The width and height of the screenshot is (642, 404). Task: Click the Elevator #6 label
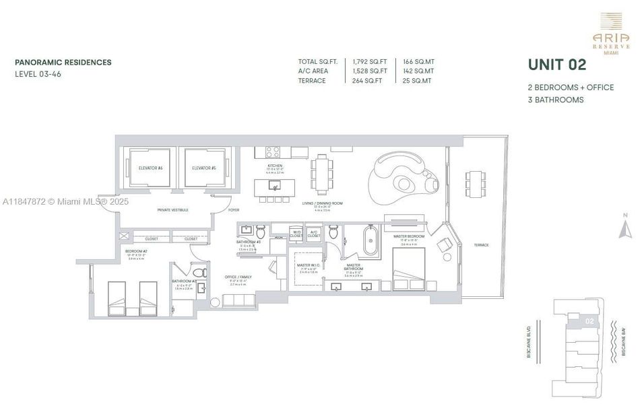click(x=152, y=168)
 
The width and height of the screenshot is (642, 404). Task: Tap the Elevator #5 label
click(x=203, y=168)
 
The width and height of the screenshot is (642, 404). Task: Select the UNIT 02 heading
click(x=556, y=65)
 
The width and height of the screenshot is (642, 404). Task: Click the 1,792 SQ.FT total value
click(x=370, y=62)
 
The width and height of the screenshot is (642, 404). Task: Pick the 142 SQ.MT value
click(x=419, y=71)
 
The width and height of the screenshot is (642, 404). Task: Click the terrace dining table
click(x=475, y=180)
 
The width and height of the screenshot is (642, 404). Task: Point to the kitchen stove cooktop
click(x=273, y=152)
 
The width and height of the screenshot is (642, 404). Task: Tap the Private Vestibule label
click(x=173, y=210)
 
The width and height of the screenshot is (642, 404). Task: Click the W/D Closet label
click(x=296, y=234)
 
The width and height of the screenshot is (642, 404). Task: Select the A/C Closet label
click(x=314, y=234)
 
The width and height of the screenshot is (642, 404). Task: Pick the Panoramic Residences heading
click(x=63, y=63)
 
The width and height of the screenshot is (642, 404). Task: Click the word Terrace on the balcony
click(x=481, y=244)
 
